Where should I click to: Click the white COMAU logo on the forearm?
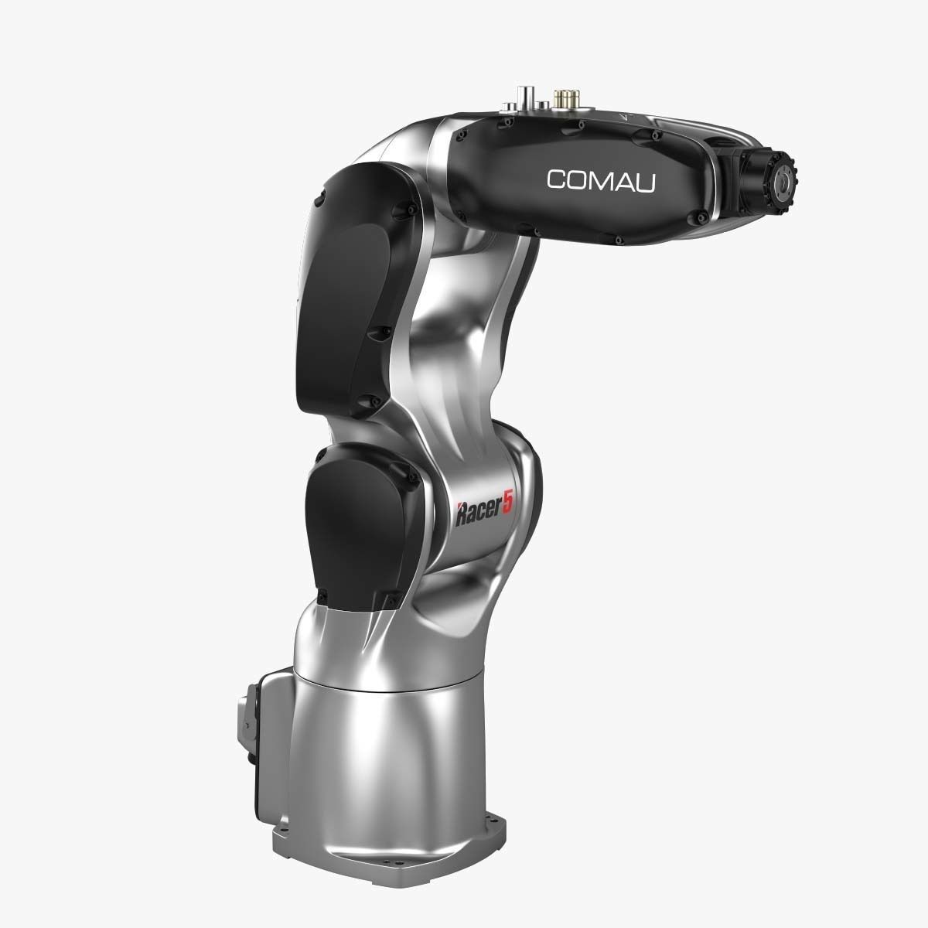tap(601, 179)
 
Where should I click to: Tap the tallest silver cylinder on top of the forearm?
tap(529, 94)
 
